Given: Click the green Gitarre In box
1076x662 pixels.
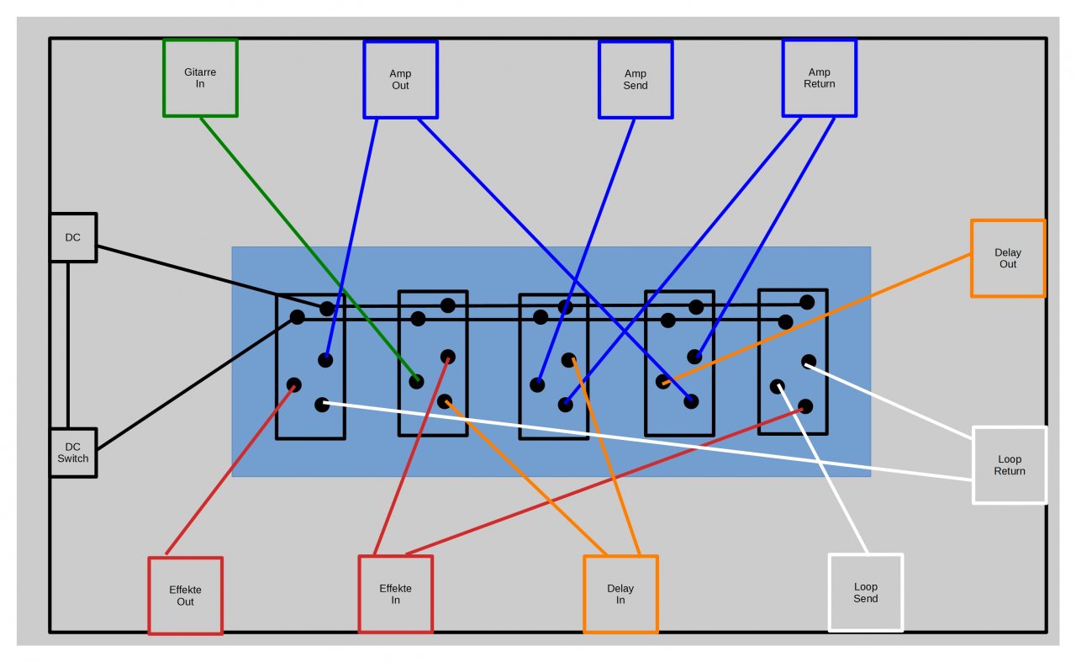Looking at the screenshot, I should point(200,78).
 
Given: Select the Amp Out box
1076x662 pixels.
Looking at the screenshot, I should point(400,80).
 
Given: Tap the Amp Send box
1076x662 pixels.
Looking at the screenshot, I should point(636,80).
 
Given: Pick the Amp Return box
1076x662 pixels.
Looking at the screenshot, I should point(820,78).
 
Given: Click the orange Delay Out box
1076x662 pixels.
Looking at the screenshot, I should point(1008,258).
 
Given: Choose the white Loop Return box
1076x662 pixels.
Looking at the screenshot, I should point(1010,465).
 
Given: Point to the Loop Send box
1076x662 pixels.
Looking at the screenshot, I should point(866,592).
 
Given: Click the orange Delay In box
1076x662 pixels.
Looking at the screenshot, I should point(620,594).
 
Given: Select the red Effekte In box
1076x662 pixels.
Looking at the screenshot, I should point(395,594).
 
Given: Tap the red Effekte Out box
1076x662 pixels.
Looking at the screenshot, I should point(185,595).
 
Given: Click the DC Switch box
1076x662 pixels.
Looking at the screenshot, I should point(73,453).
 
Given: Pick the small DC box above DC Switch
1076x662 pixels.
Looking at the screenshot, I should point(73,237).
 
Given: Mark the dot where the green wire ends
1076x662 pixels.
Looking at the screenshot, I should point(416,381).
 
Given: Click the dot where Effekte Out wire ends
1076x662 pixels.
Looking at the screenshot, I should point(293,385).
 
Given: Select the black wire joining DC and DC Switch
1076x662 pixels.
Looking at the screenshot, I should point(68,345).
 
